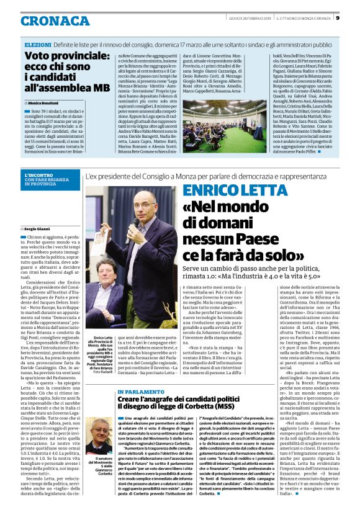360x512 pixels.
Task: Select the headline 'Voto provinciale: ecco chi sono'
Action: tap(66, 62)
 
